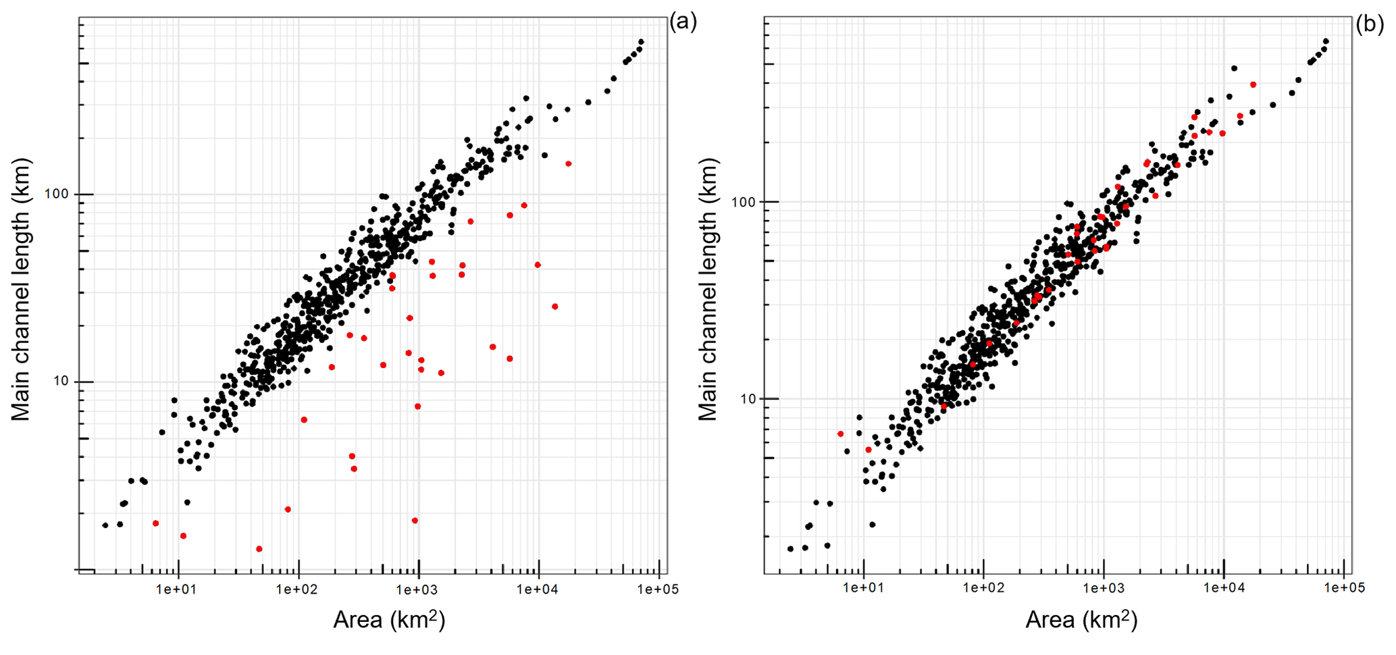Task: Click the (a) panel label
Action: click(683, 22)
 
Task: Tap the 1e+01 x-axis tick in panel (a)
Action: click(177, 589)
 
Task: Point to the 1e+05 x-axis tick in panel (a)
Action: click(657, 589)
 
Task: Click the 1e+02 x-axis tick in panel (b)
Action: click(983, 588)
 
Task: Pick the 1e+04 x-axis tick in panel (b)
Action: click(1223, 588)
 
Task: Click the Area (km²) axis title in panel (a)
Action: click(389, 619)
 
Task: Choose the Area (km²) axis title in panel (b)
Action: click(1081, 619)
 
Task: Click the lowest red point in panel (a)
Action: click(259, 549)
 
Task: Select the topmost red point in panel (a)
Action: click(569, 164)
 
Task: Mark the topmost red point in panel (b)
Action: click(1253, 85)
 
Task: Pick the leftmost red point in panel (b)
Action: click(840, 434)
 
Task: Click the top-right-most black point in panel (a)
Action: click(641, 42)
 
